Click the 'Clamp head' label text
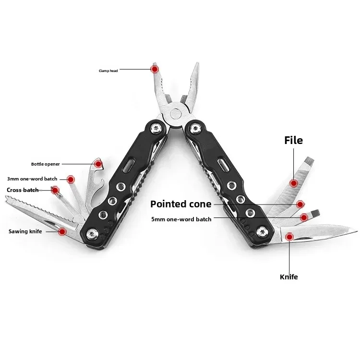click(x=108, y=71)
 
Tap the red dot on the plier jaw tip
click(x=155, y=69)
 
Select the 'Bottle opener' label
click(x=46, y=164)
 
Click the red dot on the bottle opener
click(x=98, y=164)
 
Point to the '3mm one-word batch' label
click(x=32, y=179)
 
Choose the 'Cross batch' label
click(x=23, y=190)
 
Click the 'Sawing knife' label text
click(x=25, y=231)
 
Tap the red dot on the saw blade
click(x=62, y=231)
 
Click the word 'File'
click(x=293, y=140)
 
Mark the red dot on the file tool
click(x=294, y=183)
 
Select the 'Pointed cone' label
click(x=180, y=204)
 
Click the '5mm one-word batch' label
click(x=181, y=219)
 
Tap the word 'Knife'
click(x=289, y=277)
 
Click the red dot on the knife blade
click(x=290, y=237)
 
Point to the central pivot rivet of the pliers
click(x=176, y=114)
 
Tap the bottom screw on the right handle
click(x=261, y=232)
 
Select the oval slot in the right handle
click(x=223, y=164)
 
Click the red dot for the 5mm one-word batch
click(x=304, y=217)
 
